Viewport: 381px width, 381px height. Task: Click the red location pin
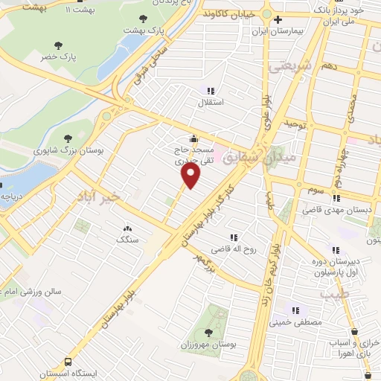[191, 175]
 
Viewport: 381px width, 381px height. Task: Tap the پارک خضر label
[60, 57]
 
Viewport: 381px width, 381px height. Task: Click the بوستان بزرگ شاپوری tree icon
[68, 138]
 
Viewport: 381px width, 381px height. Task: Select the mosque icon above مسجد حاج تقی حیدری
[194, 138]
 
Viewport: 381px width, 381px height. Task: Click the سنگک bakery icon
[128, 228]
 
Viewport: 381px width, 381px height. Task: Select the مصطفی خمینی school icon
[295, 310]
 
